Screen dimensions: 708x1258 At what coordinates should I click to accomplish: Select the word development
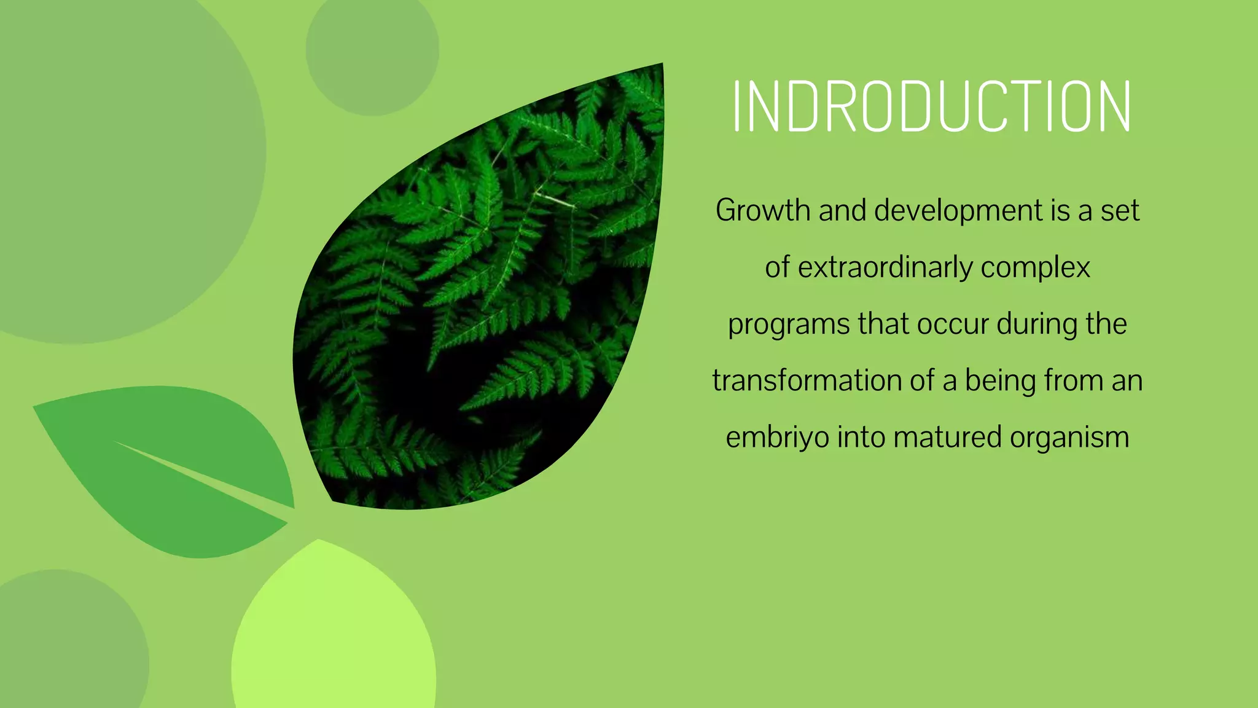click(x=959, y=211)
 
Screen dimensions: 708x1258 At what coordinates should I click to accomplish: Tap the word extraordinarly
click(x=886, y=268)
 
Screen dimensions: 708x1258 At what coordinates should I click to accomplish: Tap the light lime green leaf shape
click(x=335, y=639)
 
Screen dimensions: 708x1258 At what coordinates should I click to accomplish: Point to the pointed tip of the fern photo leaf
click(x=661, y=65)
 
